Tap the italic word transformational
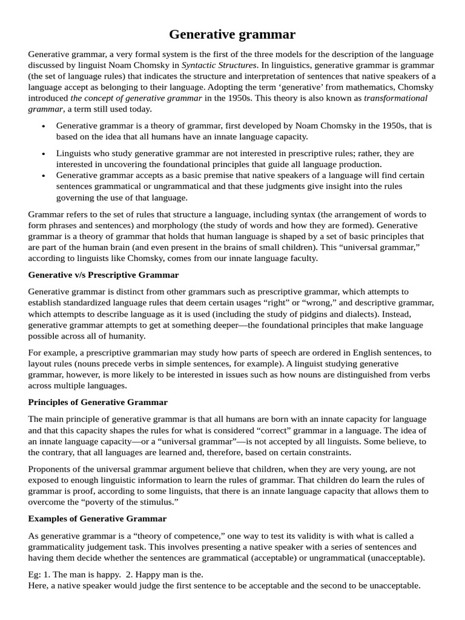tap(395, 98)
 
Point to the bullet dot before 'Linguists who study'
tap(44, 154)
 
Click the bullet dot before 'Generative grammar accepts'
tap(44, 176)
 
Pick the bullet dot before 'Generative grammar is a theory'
tap(44, 126)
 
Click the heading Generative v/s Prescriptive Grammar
tap(104, 274)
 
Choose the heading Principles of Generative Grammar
tap(98, 402)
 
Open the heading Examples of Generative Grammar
tap(97, 519)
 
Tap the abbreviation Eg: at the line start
tap(36, 574)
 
